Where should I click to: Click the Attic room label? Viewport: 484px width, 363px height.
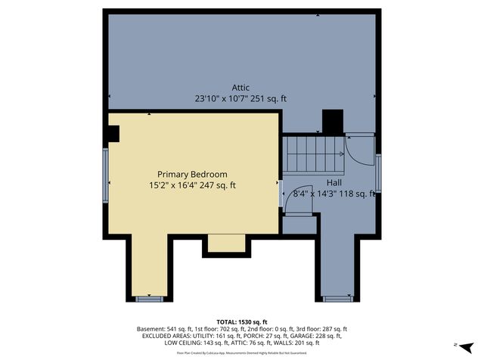pos(241,88)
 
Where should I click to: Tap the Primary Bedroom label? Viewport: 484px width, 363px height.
pos(192,174)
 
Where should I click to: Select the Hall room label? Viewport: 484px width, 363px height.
pos(334,183)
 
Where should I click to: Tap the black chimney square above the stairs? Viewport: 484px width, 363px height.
pos(332,122)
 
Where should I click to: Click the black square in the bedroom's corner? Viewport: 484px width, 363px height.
pos(113,134)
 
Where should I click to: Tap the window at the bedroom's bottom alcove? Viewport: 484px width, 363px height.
pos(149,299)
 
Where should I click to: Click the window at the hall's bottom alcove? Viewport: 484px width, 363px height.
pos(337,299)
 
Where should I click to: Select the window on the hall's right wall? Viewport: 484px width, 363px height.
pos(378,170)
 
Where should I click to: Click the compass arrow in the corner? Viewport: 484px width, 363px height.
pos(467,346)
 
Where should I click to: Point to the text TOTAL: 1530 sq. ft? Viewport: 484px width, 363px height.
pos(241,321)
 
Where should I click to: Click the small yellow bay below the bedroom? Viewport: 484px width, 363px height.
pos(226,243)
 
